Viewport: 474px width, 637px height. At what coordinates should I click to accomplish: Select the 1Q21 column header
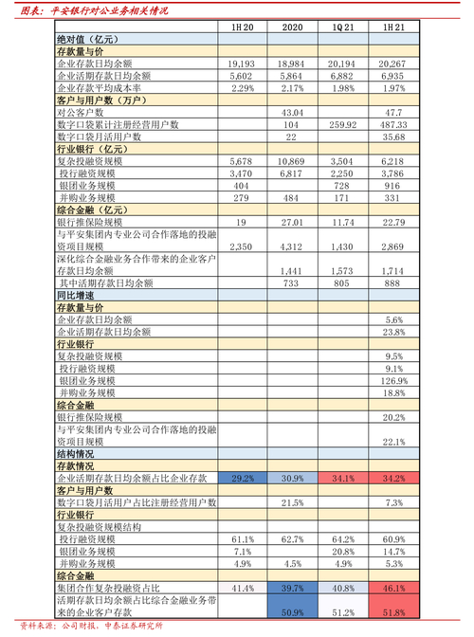(344, 27)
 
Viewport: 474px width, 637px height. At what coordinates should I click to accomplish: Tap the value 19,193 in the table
(242, 63)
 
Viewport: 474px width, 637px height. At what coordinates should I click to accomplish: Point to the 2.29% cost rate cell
(243, 87)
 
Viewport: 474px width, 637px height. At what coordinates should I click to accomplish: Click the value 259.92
(342, 124)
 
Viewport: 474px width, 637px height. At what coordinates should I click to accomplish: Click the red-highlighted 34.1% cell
(342, 477)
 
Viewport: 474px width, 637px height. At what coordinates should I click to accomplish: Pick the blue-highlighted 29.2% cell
(243, 477)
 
